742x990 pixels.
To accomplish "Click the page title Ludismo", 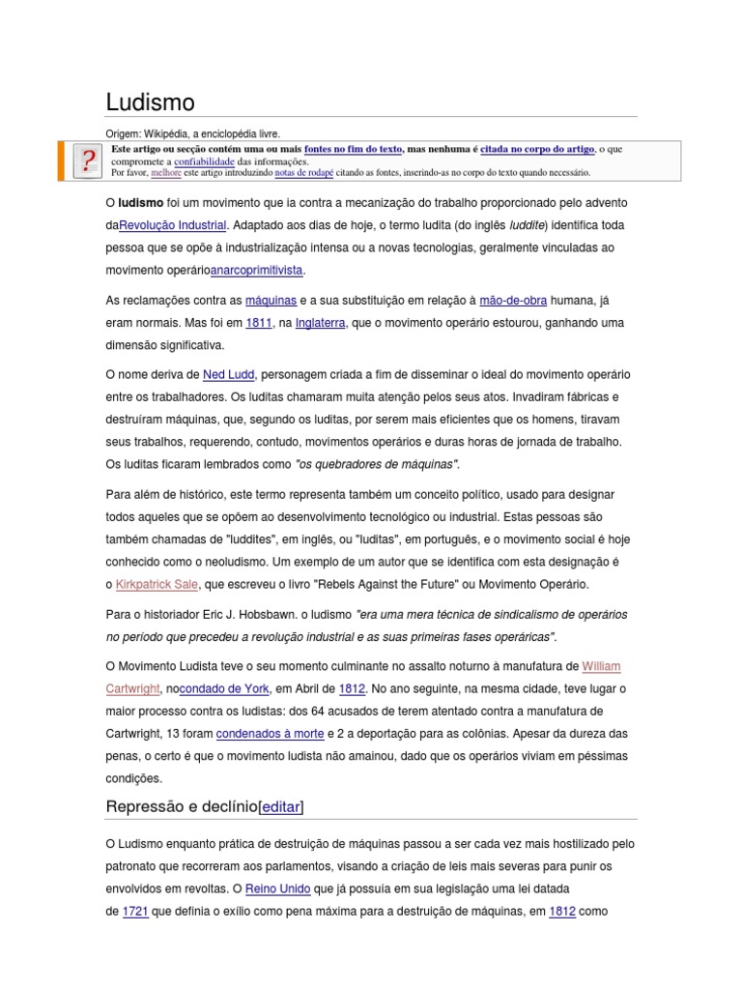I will [x=150, y=102].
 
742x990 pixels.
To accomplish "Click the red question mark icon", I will [x=88, y=160].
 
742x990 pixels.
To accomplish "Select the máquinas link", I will [x=271, y=301].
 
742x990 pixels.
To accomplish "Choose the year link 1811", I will [x=258, y=323].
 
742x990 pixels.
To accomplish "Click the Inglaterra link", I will [x=320, y=323].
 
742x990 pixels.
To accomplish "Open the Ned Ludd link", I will [x=228, y=374].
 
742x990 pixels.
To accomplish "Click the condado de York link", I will [x=225, y=688].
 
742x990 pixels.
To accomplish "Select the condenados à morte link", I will [x=270, y=733].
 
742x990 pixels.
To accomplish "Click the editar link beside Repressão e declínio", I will [x=281, y=806].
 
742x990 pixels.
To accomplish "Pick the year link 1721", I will [x=135, y=911].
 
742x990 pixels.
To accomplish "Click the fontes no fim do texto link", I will [x=353, y=150].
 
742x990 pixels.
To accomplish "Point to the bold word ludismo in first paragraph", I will [x=140, y=203].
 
